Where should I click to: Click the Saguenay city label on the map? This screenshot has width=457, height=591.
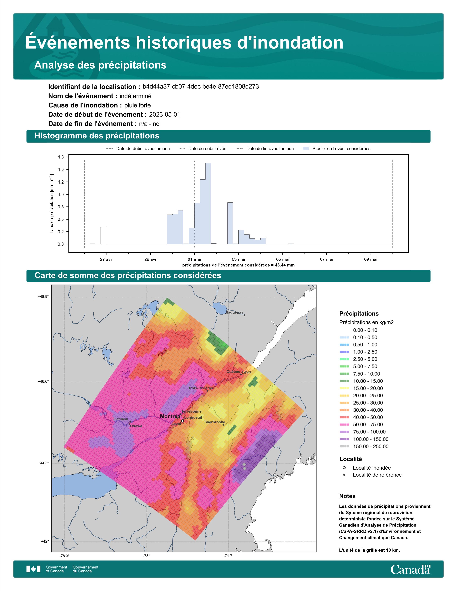[x=234, y=312]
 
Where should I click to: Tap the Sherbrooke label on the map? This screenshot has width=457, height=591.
[x=215, y=422]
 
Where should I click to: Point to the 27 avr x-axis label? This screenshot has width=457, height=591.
[x=106, y=259]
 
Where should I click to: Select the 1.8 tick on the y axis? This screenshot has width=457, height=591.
[x=61, y=157]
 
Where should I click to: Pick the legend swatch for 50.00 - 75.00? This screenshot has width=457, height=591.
[x=344, y=425]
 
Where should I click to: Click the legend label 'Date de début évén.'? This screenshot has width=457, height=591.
[x=208, y=149]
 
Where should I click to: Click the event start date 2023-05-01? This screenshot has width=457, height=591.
[x=165, y=114]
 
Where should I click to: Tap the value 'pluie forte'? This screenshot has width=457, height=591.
[x=137, y=105]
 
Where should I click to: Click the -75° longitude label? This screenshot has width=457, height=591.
[x=146, y=556]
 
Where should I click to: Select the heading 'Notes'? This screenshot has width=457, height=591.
[x=347, y=496]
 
